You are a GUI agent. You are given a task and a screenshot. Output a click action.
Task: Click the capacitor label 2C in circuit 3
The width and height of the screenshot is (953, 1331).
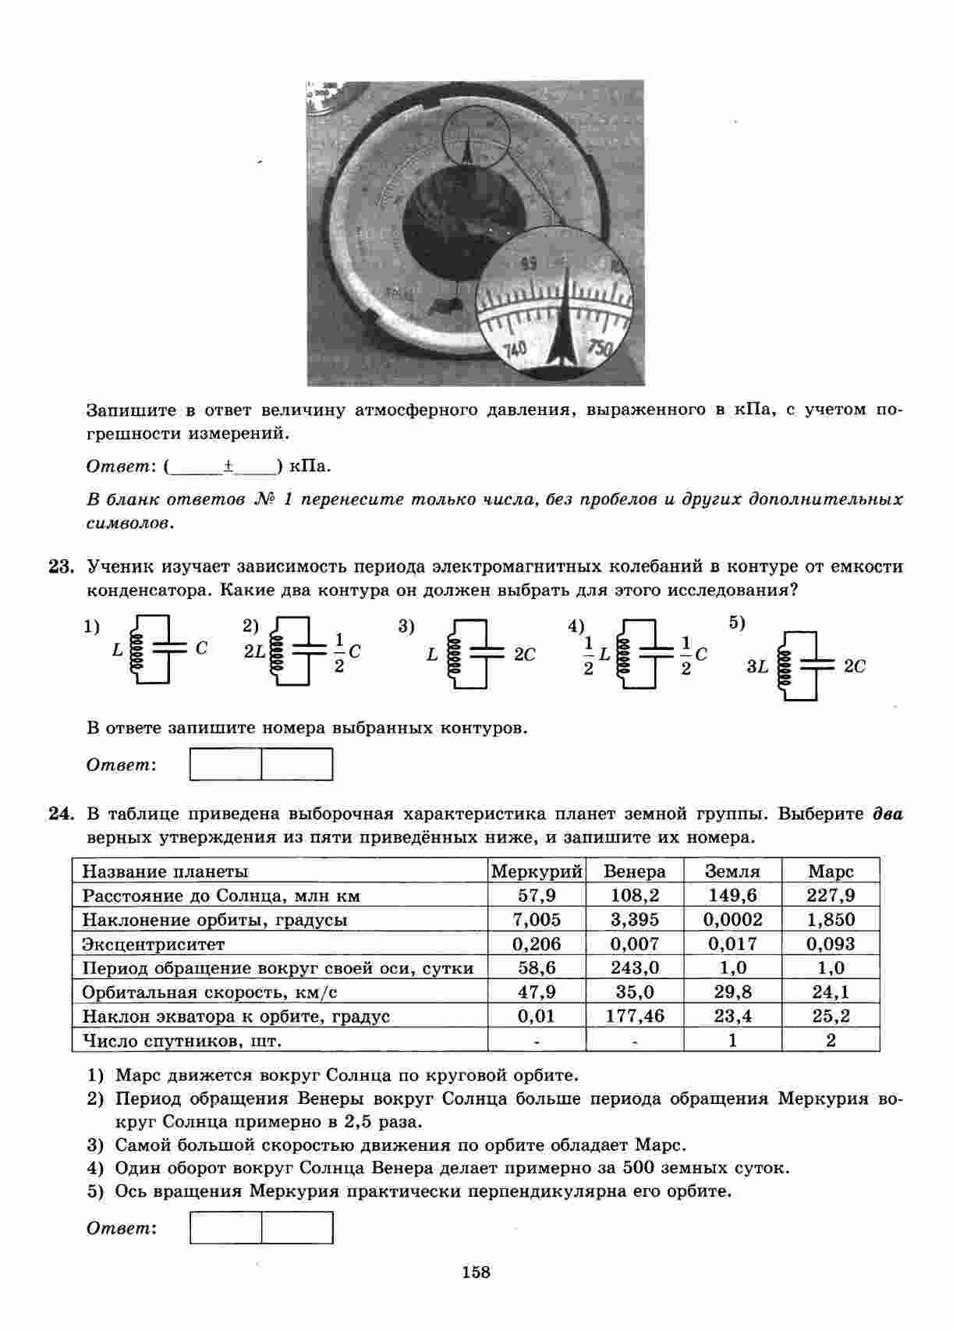point(525,655)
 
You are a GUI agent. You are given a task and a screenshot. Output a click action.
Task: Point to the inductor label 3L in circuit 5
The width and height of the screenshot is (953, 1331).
point(757,666)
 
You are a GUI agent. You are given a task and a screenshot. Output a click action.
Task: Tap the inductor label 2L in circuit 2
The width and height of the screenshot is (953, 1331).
point(254,651)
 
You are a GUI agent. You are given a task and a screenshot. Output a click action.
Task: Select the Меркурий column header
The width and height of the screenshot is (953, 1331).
point(537,871)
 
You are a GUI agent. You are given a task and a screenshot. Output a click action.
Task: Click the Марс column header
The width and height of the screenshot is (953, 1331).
point(831,871)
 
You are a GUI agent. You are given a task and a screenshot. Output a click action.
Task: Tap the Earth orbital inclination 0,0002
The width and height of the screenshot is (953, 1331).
point(732,919)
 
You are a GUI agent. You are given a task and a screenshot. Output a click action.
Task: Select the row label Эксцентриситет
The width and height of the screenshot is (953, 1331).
point(153,944)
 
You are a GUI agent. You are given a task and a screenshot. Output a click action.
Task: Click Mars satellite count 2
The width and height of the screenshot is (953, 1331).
point(831,1040)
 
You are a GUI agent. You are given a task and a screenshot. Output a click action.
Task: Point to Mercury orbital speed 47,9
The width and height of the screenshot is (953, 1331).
point(537,992)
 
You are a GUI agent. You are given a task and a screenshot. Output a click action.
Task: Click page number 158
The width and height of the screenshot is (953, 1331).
point(476,1272)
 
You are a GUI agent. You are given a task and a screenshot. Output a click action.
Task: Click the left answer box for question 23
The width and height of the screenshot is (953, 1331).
point(226,765)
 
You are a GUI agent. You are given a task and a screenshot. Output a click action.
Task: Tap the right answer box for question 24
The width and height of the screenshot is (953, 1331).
point(297,1227)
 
